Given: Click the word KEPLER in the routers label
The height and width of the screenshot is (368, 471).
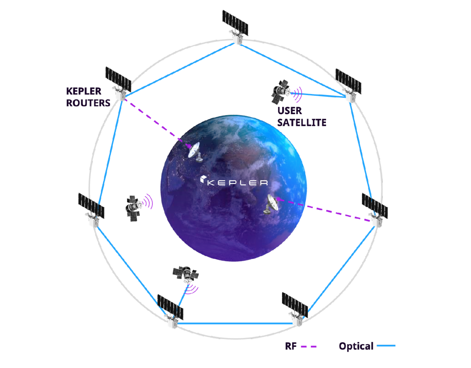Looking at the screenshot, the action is tap(84, 91).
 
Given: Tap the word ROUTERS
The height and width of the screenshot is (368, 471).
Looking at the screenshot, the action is tap(88, 103).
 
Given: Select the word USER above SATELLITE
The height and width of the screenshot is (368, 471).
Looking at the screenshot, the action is tap(290, 111).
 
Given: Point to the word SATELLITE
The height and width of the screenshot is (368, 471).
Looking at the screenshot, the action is tap(302, 122).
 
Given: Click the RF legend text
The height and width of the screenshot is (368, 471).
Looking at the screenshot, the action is tap(291, 346).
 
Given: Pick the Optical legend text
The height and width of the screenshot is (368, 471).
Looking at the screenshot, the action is tap(356, 346).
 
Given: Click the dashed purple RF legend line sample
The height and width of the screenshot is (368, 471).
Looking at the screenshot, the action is tap(309, 347).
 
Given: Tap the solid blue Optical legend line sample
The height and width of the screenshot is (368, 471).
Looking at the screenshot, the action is tap(386, 346).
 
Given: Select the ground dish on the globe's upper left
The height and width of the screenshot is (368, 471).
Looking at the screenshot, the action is tap(195, 152).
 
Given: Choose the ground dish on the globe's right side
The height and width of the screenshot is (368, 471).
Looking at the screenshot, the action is tap(271, 204).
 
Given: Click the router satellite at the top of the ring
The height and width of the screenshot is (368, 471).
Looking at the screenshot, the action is tap(236, 27).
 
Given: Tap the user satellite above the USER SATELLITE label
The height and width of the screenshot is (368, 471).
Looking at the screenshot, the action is tap(281, 92).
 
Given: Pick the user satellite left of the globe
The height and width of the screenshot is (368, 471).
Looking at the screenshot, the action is tap(133, 208).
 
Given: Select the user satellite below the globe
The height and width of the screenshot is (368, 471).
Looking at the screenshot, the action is tap(186, 274).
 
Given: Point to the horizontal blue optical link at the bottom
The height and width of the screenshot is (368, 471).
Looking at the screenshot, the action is tap(235, 323).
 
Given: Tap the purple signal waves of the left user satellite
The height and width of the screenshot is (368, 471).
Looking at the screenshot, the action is tap(148, 201).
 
